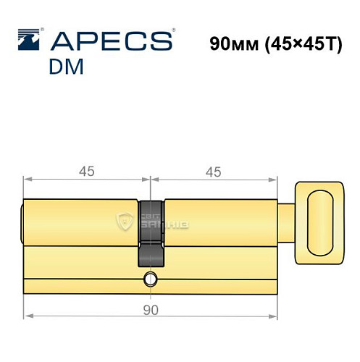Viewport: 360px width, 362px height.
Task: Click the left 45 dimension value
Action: (x=87, y=172)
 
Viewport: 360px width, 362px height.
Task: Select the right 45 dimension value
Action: (x=213, y=172)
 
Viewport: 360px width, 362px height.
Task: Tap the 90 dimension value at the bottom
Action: (x=151, y=311)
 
